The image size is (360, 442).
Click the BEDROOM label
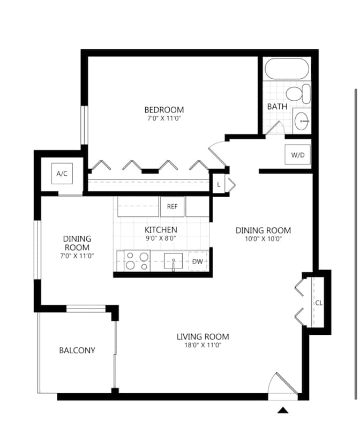point(164,110)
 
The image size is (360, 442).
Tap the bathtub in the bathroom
point(287,69)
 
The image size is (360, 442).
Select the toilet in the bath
point(298,94)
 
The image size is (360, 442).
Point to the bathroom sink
point(302,121)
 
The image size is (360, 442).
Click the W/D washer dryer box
point(298,154)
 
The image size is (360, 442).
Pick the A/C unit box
point(62,174)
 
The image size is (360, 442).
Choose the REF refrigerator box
point(172,207)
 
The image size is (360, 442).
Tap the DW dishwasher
point(198,261)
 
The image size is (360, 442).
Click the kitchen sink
point(174,261)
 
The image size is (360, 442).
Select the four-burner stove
point(137,261)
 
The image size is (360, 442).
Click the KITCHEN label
point(161,230)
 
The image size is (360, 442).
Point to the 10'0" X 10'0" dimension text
point(264,239)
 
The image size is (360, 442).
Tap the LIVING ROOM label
point(202,336)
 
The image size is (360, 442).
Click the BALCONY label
point(77,350)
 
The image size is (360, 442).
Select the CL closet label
point(319,303)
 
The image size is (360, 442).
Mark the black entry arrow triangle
point(283,410)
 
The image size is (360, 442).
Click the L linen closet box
point(219,185)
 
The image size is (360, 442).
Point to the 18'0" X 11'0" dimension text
point(202,345)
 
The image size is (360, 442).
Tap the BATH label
point(277,107)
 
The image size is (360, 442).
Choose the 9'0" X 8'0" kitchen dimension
point(161,238)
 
